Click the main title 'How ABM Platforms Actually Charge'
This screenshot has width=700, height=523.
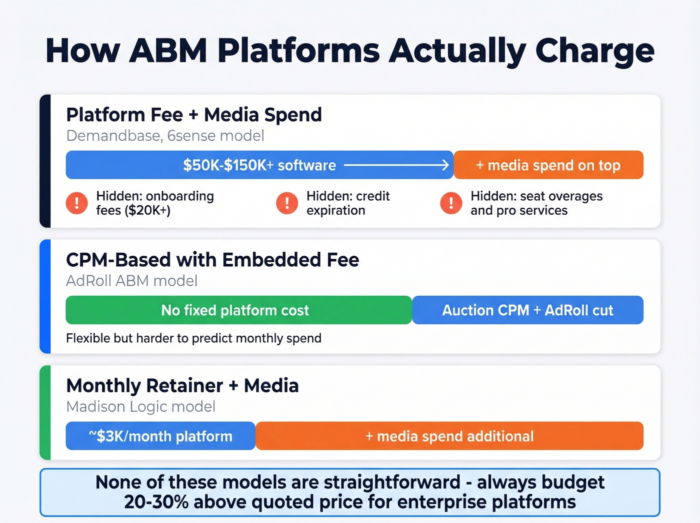click(x=349, y=51)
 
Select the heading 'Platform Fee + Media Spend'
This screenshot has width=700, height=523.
click(x=193, y=115)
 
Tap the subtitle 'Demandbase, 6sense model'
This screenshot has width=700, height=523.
click(x=165, y=136)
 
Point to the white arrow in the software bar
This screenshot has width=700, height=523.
click(x=397, y=165)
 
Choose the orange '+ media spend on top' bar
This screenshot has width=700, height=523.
click(x=548, y=165)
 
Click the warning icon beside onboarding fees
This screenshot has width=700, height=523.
click(x=76, y=203)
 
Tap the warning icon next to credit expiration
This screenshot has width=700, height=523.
click(x=287, y=203)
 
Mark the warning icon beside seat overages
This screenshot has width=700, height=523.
click(x=451, y=203)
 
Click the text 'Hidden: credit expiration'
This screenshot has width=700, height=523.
click(x=347, y=203)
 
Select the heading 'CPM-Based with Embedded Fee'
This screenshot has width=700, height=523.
click(x=212, y=260)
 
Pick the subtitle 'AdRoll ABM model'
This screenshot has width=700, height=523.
click(x=131, y=281)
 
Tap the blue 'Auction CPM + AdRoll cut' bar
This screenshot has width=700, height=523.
click(x=527, y=310)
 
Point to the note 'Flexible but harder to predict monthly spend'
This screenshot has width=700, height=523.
click(x=193, y=338)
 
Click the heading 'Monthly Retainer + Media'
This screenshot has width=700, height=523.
click(x=182, y=385)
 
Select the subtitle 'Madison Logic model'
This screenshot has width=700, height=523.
click(x=140, y=406)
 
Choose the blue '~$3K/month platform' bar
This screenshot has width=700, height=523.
click(x=160, y=436)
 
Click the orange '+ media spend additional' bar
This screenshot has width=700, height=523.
click(x=449, y=436)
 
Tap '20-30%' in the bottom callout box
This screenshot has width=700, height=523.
click(x=156, y=502)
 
